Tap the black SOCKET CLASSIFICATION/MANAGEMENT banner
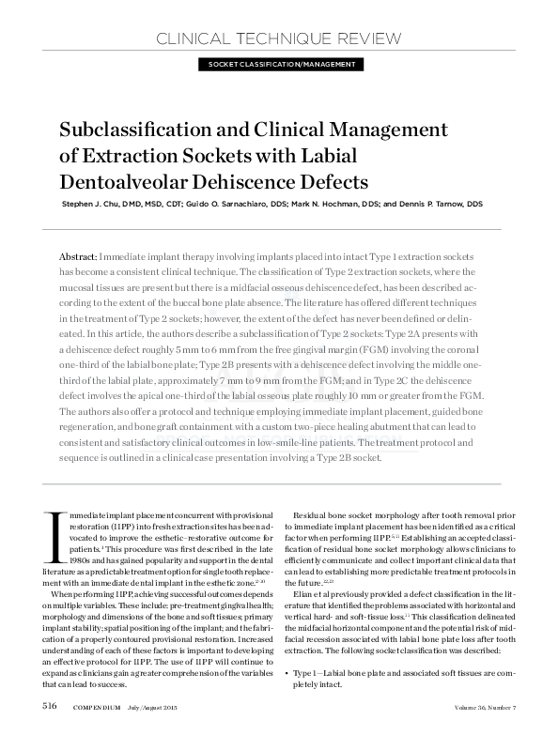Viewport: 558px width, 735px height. click(278, 64)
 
